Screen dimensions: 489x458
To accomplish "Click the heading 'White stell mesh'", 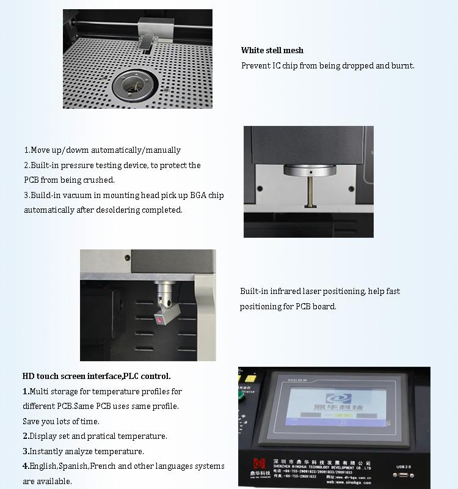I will click(272, 51).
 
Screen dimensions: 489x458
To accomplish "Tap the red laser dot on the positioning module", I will click(160, 320).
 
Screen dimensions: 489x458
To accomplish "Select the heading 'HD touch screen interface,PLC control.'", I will click(96, 377).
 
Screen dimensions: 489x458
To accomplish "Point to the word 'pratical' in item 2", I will click(101, 436).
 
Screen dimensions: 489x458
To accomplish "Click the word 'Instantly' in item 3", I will click(48, 452).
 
